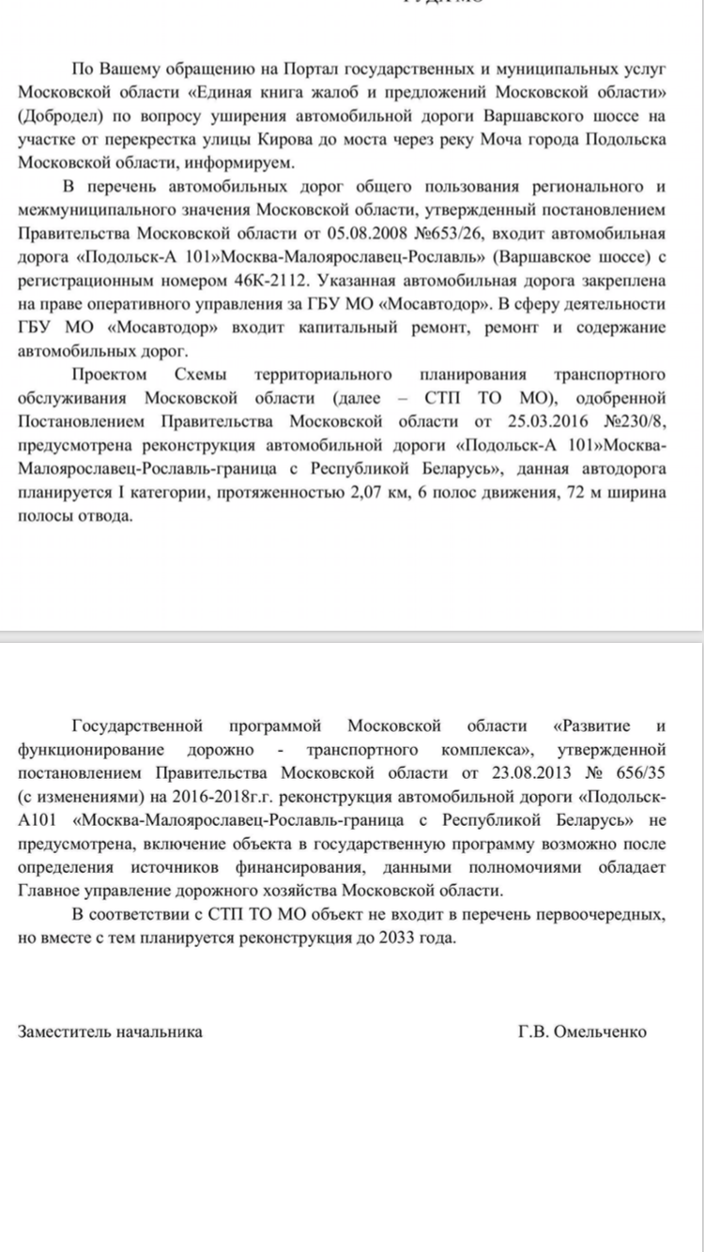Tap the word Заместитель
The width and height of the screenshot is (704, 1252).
[63, 1031]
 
